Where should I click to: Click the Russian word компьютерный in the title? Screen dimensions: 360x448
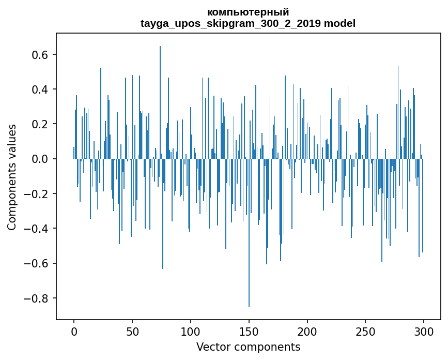[248, 12]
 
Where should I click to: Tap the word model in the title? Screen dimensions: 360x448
[340, 23]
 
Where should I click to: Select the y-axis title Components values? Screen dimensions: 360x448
[11, 177]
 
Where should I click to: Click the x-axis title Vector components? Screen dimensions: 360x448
[248, 347]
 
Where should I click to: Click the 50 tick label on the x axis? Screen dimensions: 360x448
[132, 331]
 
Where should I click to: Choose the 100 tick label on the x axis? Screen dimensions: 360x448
[191, 331]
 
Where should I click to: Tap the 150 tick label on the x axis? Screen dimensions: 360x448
[249, 331]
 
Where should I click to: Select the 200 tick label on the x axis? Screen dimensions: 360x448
[307, 331]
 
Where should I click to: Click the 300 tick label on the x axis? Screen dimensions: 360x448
[424, 331]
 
